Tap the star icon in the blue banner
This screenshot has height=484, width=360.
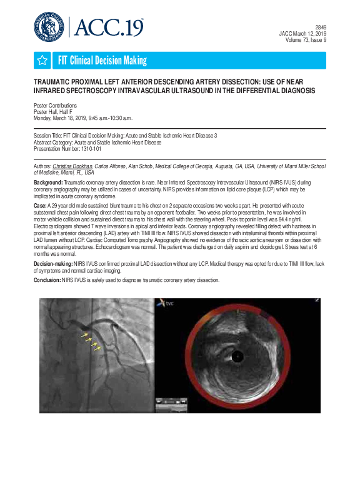click(x=42, y=61)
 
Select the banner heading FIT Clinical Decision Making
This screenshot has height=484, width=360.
click(x=102, y=61)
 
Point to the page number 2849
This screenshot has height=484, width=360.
click(x=321, y=27)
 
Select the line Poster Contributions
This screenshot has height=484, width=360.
click(x=55, y=106)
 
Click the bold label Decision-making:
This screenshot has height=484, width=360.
click(x=52, y=265)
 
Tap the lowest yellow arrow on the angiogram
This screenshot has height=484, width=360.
click(x=97, y=348)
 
